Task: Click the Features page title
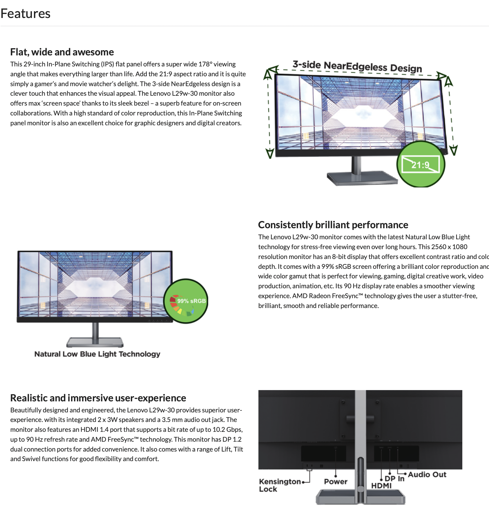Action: tap(26, 14)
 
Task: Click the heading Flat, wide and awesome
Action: tap(62, 52)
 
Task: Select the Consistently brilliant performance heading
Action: tap(333, 225)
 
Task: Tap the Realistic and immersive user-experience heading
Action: tap(98, 398)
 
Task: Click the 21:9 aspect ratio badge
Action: tap(421, 165)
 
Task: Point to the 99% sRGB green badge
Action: tap(186, 301)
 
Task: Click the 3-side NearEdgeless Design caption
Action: tap(357, 66)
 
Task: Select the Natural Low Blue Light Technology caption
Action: tap(97, 354)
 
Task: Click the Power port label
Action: tap(336, 482)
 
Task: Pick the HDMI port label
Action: tap(381, 486)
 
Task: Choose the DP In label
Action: tap(394, 479)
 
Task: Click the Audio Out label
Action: tap(427, 475)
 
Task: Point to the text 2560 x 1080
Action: tap(449, 247)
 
